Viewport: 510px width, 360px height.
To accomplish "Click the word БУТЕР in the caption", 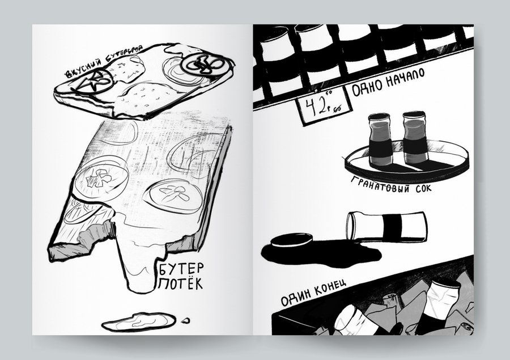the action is point(181,269).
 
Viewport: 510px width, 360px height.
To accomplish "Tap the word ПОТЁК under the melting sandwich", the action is point(181,283).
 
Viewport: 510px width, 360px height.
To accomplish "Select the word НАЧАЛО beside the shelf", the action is point(405,78).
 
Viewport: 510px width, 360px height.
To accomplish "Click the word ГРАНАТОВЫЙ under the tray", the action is point(380,185).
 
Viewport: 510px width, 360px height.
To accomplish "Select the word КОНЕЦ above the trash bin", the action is point(330,286).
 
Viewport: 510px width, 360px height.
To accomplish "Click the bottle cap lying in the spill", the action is point(291,241).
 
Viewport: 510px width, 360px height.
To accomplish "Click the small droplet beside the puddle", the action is point(186,321).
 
